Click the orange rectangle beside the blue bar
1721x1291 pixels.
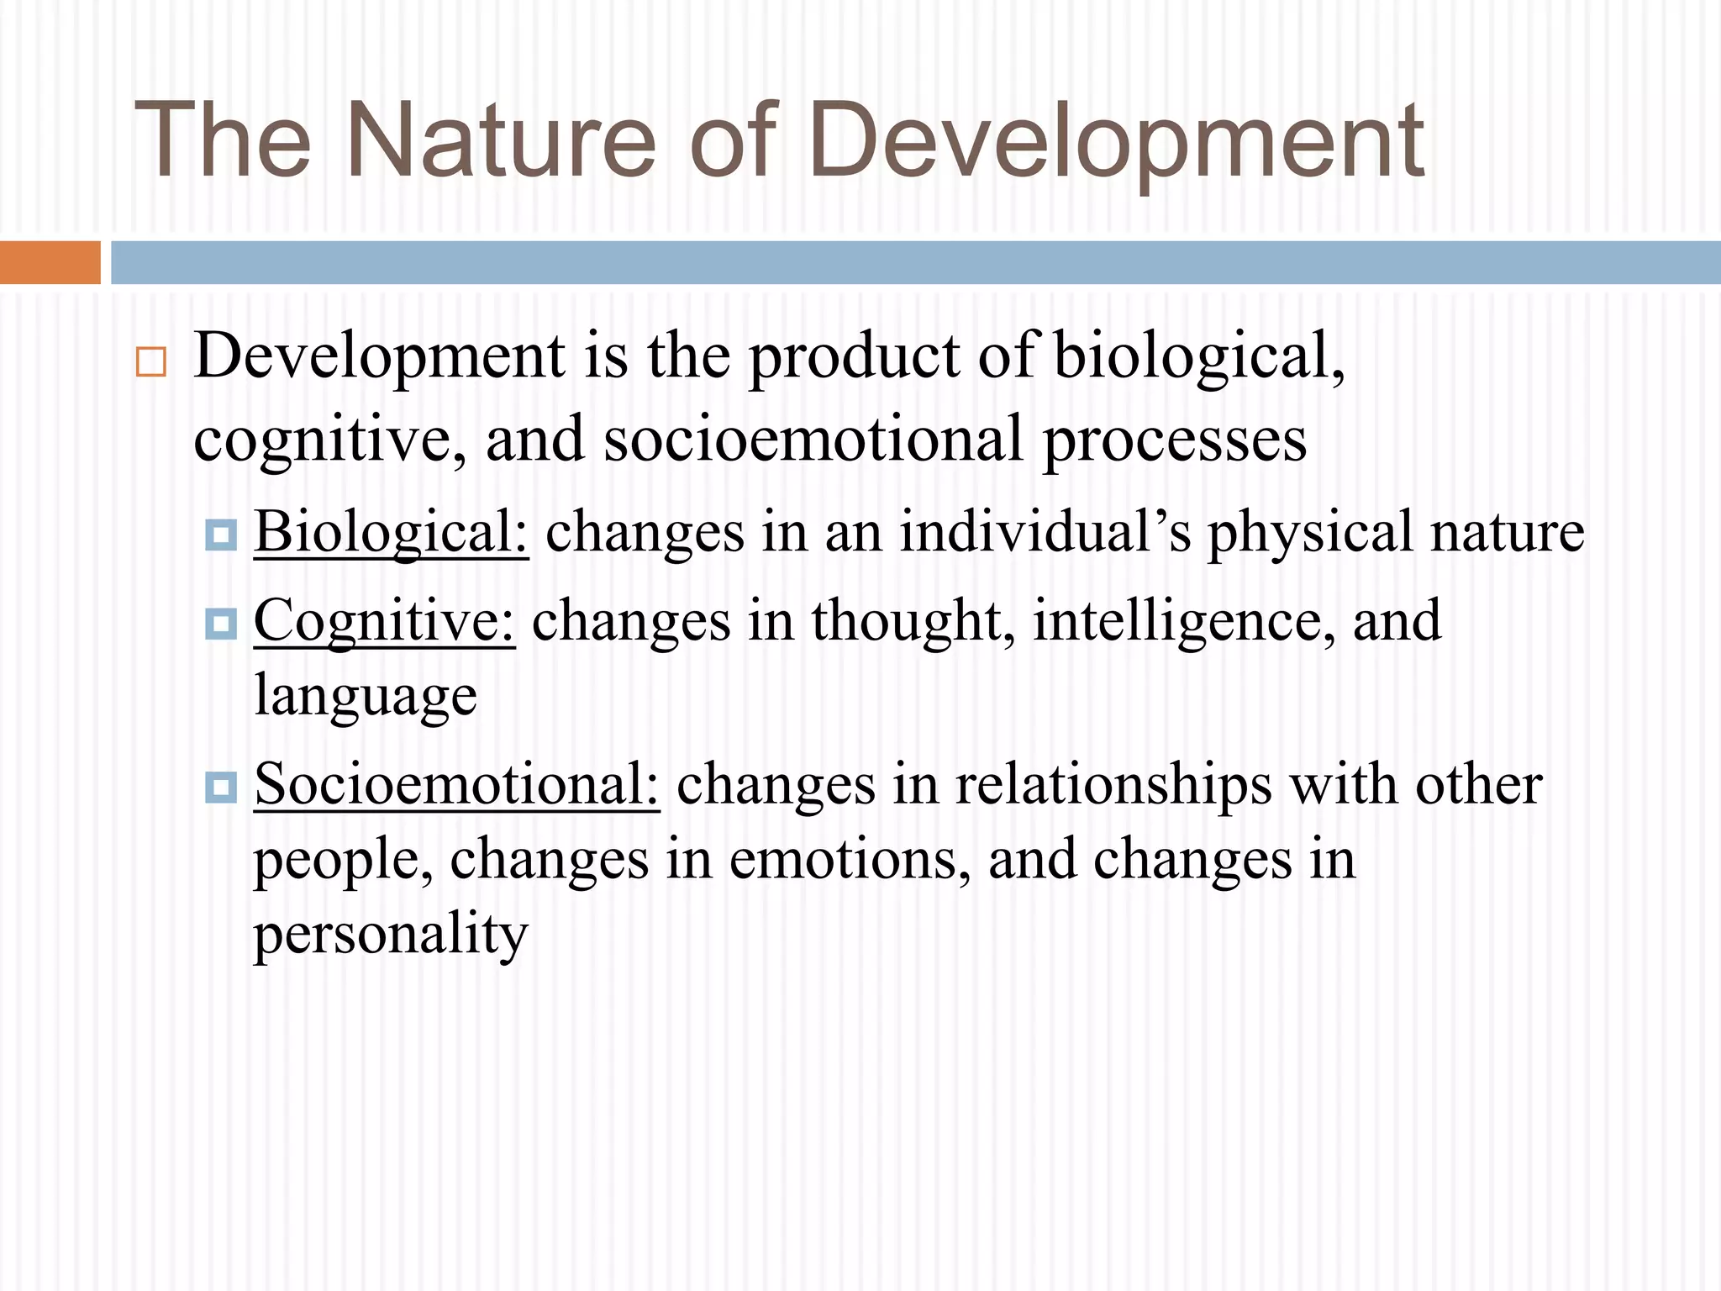tap(50, 262)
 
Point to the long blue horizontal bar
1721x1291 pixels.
tap(915, 262)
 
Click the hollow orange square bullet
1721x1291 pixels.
tap(151, 362)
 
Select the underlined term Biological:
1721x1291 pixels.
tap(392, 532)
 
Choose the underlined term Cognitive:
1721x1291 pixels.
tap(384, 621)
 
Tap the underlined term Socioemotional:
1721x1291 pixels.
tap(457, 784)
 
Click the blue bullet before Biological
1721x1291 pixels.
tap(221, 535)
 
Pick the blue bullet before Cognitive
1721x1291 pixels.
tap(221, 624)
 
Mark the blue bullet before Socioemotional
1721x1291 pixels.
tap(221, 787)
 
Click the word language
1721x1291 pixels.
tap(366, 697)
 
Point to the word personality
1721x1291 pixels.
tap(391, 935)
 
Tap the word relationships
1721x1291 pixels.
tap(1113, 784)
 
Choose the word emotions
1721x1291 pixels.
tap(849, 860)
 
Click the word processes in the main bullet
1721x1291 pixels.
tap(1175, 440)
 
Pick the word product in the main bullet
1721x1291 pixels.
tap(854, 356)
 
